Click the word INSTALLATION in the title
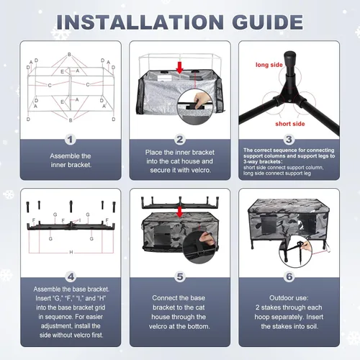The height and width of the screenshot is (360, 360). [x=140, y=22]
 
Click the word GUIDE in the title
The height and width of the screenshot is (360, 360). [x=267, y=22]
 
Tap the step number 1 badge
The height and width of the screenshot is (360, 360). [x=71, y=140]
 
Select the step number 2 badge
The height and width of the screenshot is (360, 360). [x=180, y=140]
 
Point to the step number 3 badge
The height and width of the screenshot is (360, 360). [x=289, y=140]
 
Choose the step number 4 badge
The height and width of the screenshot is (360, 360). [x=71, y=277]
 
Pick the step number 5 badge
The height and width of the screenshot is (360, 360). [x=180, y=276]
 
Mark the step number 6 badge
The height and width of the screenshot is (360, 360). [x=289, y=276]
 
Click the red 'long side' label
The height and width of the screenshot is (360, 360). [x=269, y=65]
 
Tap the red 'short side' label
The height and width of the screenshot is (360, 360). [x=290, y=124]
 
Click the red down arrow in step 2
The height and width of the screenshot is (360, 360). [x=179, y=68]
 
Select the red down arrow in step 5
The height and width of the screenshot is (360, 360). [x=179, y=212]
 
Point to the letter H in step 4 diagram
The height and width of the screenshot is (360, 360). [x=71, y=252]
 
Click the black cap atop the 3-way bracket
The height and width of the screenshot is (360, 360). [x=289, y=58]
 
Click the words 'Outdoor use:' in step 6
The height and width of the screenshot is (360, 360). [x=289, y=298]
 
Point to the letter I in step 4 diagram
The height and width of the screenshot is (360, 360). [x=80, y=220]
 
